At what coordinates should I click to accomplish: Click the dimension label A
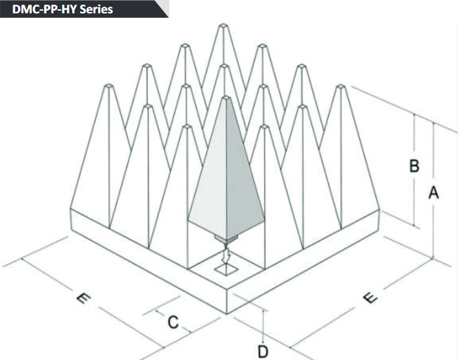pos(433,193)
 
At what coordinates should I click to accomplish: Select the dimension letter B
pos(414,166)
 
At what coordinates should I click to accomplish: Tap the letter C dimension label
pos(173,322)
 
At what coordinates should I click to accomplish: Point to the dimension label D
pos(263,351)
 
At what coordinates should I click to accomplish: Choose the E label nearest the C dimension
pos(83,299)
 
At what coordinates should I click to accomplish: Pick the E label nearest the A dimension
pos(370,298)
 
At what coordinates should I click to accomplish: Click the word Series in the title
pos(97,9)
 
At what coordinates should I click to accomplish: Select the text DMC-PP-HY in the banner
pos(45,9)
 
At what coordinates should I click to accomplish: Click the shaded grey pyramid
pos(226,163)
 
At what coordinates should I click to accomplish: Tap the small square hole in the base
pos(225,270)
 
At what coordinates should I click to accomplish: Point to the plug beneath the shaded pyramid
pos(226,239)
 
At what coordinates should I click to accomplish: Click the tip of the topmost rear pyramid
pos(223,25)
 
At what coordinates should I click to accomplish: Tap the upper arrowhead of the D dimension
pos(264,313)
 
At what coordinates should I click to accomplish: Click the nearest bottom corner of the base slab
pos(227,313)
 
